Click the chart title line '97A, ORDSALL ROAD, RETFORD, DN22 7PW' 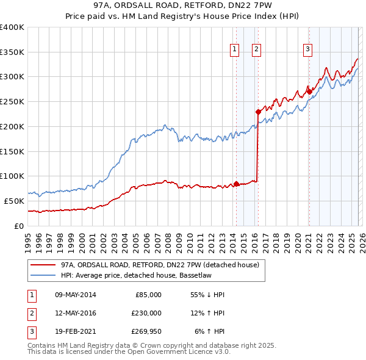(182, 7)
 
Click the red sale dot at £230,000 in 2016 (258, 112)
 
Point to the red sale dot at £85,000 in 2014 (236, 184)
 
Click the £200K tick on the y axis (12, 126)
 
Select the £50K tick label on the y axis (15, 201)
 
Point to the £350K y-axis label (12, 52)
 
